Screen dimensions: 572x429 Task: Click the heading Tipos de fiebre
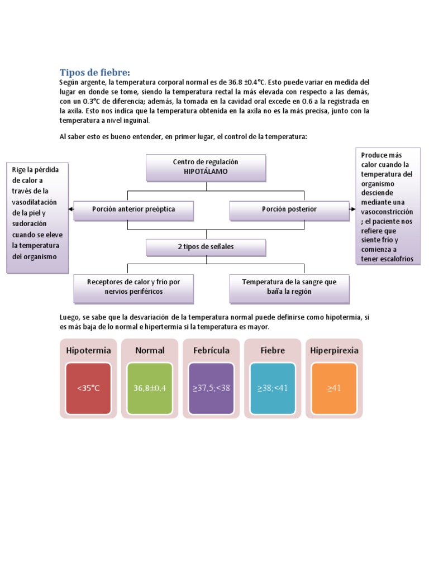[x=94, y=73]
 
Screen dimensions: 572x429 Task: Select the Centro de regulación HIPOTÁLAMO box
[x=206, y=167]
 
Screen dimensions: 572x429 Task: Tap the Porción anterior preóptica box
[x=134, y=209]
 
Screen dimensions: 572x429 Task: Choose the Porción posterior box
[x=289, y=209]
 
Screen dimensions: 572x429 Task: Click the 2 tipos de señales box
[x=206, y=246]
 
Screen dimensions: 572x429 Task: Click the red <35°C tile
[x=88, y=388]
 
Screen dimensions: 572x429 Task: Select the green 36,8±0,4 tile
[x=150, y=388]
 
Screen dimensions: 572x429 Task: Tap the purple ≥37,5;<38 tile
[x=211, y=388]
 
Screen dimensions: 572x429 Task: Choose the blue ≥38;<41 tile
[x=273, y=388]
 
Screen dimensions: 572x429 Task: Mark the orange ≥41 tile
[x=334, y=388]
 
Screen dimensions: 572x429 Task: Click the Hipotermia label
[x=88, y=351]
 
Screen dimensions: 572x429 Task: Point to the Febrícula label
[x=211, y=351]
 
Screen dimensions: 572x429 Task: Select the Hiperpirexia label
[x=334, y=351]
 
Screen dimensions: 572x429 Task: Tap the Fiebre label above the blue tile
[x=273, y=351]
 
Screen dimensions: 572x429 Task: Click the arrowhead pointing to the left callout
[x=71, y=209]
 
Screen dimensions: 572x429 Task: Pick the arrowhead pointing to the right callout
[x=352, y=209]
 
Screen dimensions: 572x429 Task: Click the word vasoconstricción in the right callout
[x=387, y=212]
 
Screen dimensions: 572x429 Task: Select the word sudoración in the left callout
[x=31, y=223]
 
